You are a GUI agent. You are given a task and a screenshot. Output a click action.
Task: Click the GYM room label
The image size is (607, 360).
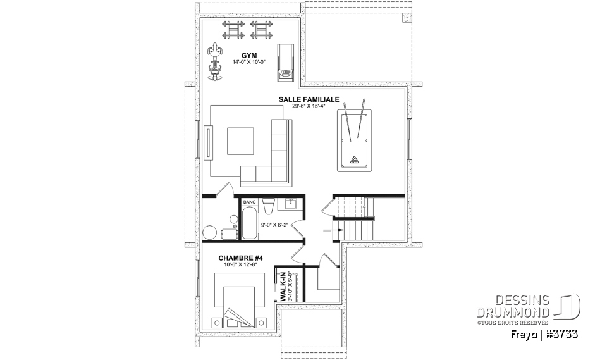click(249, 56)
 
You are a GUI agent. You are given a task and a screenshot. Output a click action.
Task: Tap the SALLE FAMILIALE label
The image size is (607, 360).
click(309, 99)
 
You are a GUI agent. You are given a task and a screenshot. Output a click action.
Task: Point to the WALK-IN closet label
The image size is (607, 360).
click(283, 287)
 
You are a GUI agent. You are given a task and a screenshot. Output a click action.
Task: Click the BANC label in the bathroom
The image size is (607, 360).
click(249, 202)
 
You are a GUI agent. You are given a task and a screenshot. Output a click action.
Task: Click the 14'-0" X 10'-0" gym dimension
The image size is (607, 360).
click(249, 62)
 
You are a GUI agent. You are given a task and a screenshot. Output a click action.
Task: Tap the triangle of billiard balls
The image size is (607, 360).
click(354, 159)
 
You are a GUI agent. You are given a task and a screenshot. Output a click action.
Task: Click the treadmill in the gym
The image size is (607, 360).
click(285, 63)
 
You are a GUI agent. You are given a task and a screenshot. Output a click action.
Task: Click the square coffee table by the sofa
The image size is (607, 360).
click(241, 140)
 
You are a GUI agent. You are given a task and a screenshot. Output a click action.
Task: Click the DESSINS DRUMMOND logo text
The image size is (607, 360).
click(513, 306)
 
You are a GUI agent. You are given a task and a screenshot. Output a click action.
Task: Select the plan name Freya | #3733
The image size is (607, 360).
click(544, 334)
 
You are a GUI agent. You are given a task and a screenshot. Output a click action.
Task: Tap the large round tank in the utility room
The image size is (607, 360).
click(210, 233)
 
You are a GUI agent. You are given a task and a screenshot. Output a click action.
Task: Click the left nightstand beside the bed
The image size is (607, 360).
click(217, 323)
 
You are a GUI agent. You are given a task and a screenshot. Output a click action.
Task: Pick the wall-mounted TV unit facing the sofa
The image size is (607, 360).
click(209, 142)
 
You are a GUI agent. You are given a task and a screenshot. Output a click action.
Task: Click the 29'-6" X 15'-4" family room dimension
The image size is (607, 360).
click(309, 106)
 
